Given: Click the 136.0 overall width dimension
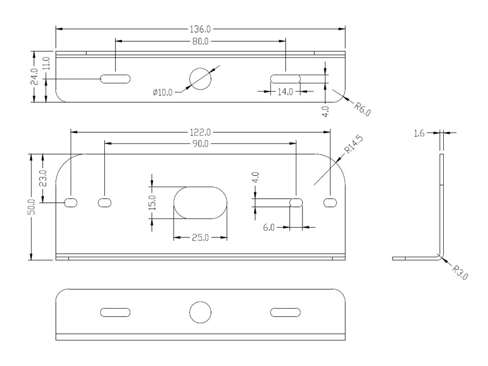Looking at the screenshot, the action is [200, 29].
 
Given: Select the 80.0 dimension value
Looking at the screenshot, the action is [200, 41].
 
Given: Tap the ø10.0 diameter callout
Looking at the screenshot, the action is [163, 93].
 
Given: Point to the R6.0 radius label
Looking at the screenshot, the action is [362, 109].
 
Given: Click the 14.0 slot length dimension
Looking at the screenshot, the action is [285, 91].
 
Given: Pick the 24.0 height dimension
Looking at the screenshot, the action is [34, 77].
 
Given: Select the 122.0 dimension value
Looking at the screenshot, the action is [200, 133].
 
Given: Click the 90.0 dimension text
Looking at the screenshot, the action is [200, 144].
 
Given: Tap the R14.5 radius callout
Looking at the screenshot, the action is [353, 145].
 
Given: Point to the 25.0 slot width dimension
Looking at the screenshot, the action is [200, 238].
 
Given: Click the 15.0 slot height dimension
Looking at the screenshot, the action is [152, 203].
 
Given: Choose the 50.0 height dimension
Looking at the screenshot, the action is [32, 207].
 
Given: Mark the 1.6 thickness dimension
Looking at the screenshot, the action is [419, 134].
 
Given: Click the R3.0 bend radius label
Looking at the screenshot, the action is [460, 272].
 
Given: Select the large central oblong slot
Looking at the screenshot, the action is [200, 203].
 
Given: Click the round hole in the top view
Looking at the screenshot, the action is [200, 79].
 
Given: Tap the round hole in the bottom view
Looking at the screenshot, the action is [200, 312].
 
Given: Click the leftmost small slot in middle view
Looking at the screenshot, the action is [71, 203].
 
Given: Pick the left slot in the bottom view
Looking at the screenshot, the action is [115, 312].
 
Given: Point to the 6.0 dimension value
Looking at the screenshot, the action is [268, 228].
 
